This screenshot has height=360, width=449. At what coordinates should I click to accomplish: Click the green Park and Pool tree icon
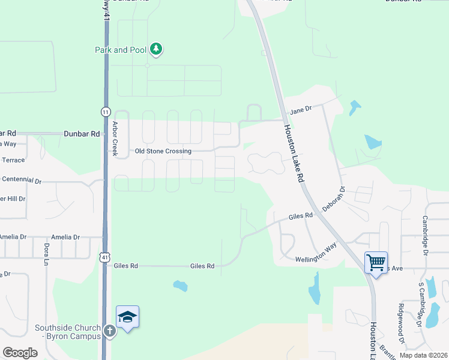point(156,49)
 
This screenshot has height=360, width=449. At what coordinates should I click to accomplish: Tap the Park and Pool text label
point(120,50)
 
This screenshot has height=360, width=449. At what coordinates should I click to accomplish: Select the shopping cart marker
point(376,262)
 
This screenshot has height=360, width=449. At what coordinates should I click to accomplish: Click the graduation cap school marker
point(127,317)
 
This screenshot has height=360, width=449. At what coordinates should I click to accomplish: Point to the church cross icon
point(110,331)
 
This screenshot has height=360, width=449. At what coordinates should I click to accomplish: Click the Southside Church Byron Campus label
point(67,332)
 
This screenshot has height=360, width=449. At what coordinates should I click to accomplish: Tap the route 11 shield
point(106,112)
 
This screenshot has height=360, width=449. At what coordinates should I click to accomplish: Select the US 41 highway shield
point(105,257)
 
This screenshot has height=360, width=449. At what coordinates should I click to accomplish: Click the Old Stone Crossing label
point(163,151)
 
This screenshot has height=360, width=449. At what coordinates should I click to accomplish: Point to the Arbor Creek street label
point(115,139)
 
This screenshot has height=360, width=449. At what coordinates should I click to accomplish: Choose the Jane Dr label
point(301,110)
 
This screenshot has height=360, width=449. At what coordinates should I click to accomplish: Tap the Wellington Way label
point(316,256)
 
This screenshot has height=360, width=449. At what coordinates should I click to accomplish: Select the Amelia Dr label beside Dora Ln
point(65,237)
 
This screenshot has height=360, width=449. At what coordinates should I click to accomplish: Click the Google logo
point(20,353)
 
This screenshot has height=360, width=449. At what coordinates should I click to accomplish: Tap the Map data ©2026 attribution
point(423,355)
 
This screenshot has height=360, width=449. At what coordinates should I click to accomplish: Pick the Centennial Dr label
point(22,180)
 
